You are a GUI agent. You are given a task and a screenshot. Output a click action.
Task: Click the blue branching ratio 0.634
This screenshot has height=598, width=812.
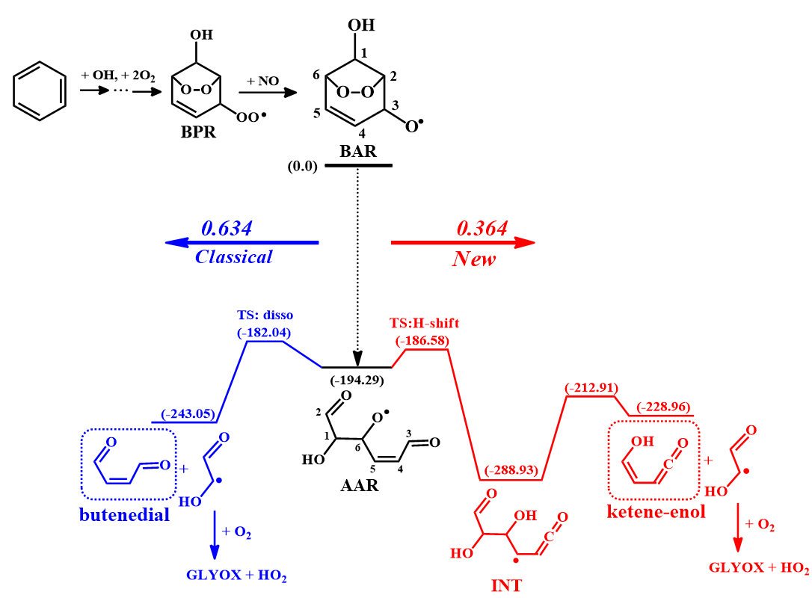point(227,228)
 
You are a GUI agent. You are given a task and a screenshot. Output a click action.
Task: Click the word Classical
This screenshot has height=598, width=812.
point(233,257)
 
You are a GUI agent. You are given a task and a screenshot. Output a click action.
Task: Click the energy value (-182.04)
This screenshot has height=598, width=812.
point(265,333)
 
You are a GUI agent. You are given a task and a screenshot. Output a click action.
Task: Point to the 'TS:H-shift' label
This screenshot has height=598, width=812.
point(424,324)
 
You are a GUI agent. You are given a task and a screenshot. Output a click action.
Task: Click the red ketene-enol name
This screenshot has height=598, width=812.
point(657,513)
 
